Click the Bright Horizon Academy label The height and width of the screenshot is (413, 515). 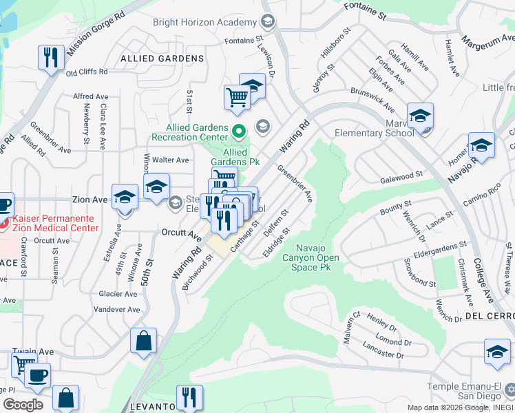pyautogui.click(x=204, y=22)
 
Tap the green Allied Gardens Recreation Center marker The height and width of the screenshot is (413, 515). pyautogui.click(x=239, y=130)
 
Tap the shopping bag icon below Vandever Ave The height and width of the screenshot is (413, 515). pyautogui.click(x=143, y=341)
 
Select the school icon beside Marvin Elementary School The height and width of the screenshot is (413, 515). pyautogui.click(x=419, y=116)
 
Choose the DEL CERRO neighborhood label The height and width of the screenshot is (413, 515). pyautogui.click(x=490, y=315)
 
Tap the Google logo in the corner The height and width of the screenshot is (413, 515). pyautogui.click(x=23, y=405)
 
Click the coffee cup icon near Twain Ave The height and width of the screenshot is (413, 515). pyautogui.click(x=36, y=376)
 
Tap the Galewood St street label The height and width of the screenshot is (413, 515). pyautogui.click(x=401, y=177)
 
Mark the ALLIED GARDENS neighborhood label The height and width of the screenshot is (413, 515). pyautogui.click(x=162, y=59)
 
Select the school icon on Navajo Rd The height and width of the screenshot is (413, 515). pyautogui.click(x=482, y=145)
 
